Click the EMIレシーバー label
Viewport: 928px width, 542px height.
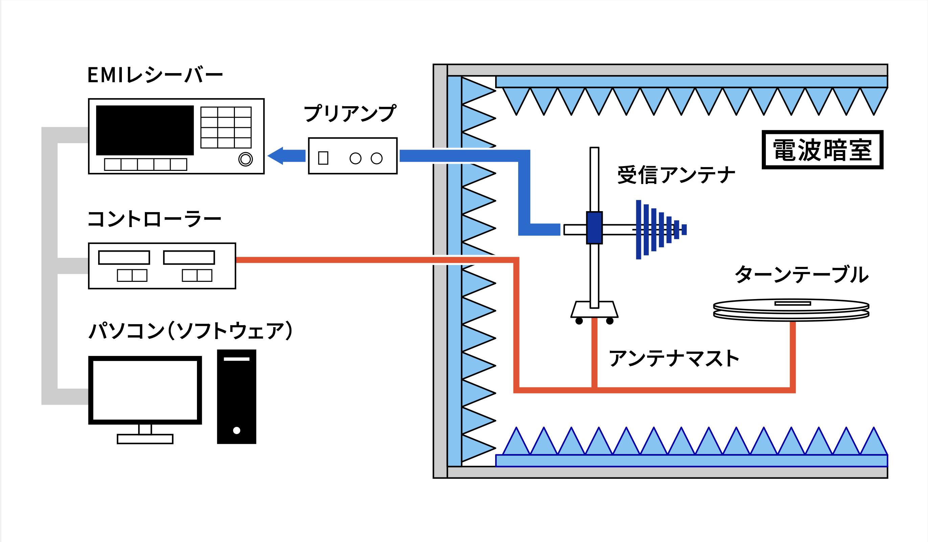[x=155, y=75]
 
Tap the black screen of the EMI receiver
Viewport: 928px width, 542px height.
[x=145, y=130]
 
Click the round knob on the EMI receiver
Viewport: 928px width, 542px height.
[x=246, y=159]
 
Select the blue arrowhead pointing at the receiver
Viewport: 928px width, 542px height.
[x=276, y=156]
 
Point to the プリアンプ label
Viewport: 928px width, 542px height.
[x=350, y=113]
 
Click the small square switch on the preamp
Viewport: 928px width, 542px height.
[x=323, y=158]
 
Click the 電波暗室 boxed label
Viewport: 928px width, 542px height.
[x=822, y=150]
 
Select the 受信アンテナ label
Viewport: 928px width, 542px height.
[x=676, y=175]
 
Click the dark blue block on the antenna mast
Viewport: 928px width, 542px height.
[x=594, y=228]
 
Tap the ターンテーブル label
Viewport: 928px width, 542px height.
[x=801, y=275]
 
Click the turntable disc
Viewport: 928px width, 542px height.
[x=791, y=309]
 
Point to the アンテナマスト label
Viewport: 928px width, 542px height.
[x=673, y=358]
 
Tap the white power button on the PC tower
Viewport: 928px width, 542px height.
[x=237, y=430]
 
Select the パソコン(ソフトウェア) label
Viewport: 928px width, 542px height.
[x=190, y=330]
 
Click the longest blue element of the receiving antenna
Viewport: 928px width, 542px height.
[x=639, y=230]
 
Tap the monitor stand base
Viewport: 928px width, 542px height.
[x=145, y=439]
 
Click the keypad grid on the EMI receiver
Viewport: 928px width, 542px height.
[x=226, y=128]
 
